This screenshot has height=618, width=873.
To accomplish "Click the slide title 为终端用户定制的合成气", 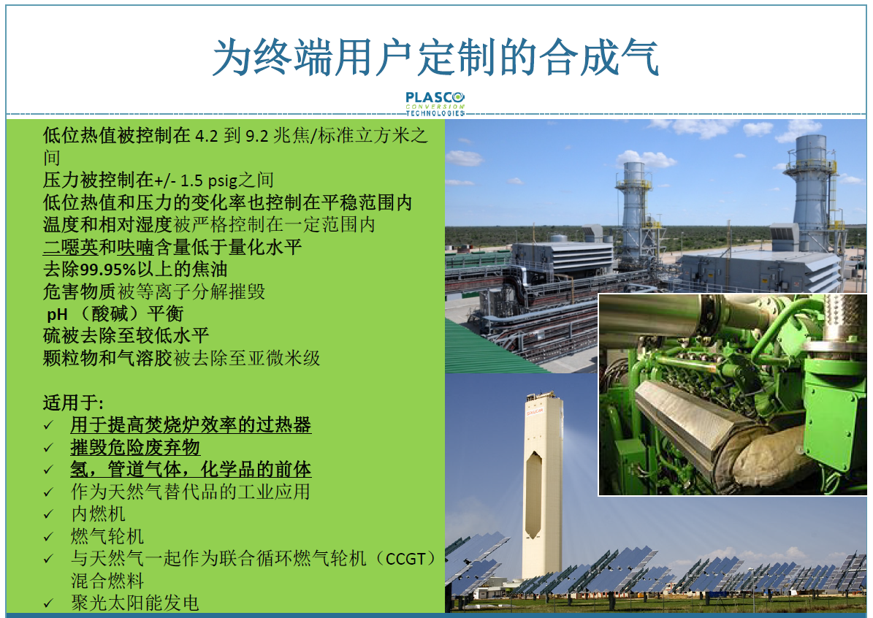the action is (436, 58).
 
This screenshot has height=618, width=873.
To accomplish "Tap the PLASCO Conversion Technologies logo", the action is (435, 104).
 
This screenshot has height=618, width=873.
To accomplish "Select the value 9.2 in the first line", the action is (256, 136).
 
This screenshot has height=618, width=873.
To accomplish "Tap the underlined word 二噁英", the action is (71, 247).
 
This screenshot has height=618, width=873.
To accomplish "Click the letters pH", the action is (57, 315).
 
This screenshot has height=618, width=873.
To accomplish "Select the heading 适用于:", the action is (73, 403).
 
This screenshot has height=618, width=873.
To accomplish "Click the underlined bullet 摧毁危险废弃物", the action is (135, 447).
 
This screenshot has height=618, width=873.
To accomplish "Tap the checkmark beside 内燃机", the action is (49, 514).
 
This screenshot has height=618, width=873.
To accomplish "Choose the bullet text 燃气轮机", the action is (107, 536).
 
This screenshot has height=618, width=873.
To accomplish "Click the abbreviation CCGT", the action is (405, 559).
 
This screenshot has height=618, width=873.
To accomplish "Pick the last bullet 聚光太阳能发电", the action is (134, 603).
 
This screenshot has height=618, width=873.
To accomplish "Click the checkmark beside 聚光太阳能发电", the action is (49, 603).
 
